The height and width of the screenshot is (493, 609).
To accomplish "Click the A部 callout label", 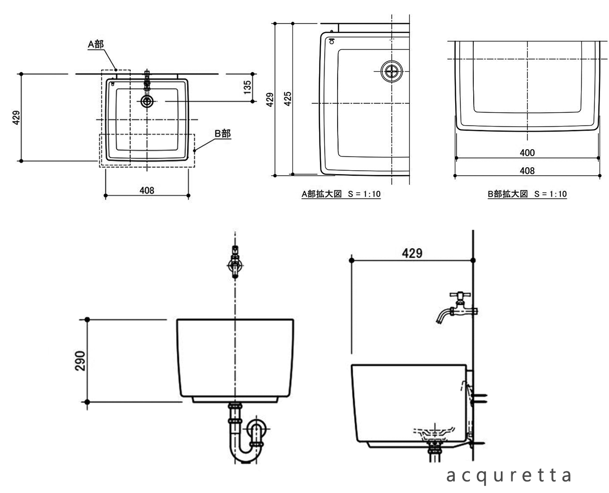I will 96,44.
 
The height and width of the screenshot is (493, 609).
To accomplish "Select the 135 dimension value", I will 247,88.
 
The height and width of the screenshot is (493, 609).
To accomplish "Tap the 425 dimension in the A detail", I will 287,99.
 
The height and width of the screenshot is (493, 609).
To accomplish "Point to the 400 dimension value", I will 527,153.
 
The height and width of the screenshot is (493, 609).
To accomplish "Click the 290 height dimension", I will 81,361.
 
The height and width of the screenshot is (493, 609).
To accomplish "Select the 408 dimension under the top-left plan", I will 147,190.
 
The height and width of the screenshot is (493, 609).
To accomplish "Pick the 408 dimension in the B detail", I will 527,171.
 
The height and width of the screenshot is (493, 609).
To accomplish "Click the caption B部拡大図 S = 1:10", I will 527,194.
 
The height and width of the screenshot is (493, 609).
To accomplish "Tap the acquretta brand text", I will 509,476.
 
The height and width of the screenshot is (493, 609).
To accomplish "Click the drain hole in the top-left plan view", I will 147,102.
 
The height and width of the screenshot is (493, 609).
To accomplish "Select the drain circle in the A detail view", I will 391,72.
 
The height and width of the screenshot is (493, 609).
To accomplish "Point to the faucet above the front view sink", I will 235,261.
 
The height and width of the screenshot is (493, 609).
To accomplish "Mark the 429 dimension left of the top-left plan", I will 17,117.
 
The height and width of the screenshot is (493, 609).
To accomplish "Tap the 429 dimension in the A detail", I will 270,99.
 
